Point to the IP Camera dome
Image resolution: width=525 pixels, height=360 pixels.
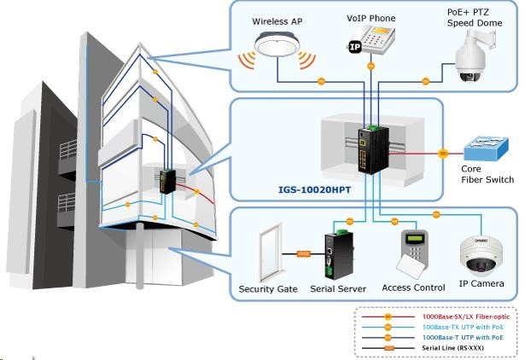point(482,255)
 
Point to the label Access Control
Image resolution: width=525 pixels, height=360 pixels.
point(414,288)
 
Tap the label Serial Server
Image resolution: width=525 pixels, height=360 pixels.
point(334,289)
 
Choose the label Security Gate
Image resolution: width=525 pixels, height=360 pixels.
point(268,289)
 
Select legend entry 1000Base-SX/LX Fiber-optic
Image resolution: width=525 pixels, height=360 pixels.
point(460,316)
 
